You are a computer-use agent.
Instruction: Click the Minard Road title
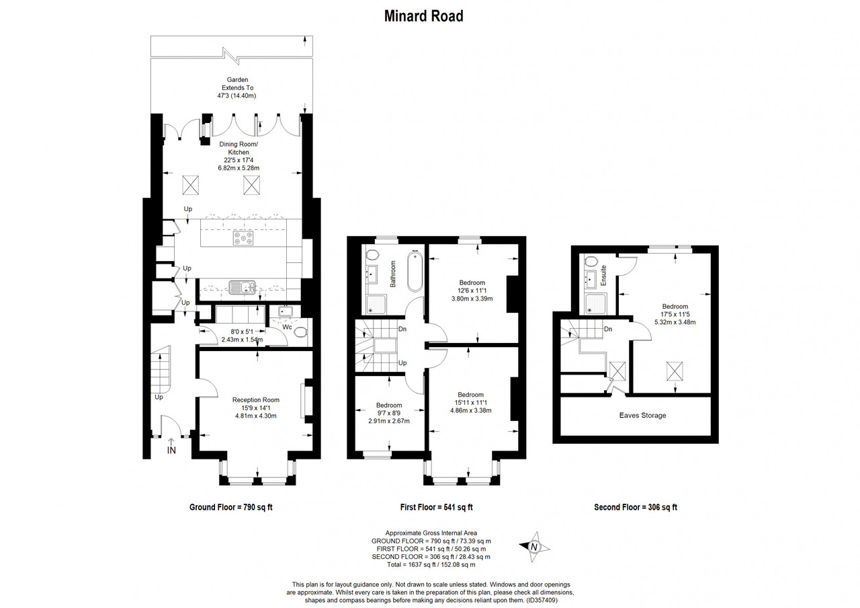(424, 16)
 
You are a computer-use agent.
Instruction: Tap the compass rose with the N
(534, 547)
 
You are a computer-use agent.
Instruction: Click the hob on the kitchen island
(243, 238)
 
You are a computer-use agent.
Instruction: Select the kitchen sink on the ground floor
(243, 287)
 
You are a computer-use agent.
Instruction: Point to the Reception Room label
(256, 400)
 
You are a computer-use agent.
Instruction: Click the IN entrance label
(171, 450)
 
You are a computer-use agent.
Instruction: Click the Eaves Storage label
(642, 416)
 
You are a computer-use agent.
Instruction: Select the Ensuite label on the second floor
(603, 275)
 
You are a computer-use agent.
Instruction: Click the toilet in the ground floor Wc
(301, 332)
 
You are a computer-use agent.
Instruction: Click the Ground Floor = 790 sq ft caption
(230, 507)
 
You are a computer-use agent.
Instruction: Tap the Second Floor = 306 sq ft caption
(636, 507)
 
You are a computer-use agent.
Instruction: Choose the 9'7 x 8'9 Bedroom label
(389, 413)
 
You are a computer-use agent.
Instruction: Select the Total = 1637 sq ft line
(431, 564)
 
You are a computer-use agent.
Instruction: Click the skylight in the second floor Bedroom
(675, 371)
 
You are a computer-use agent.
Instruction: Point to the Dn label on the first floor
(402, 329)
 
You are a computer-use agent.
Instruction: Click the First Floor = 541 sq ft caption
(436, 507)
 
